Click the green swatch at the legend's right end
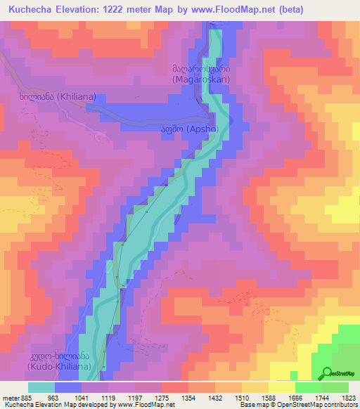335,387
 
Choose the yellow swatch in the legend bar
281,387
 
